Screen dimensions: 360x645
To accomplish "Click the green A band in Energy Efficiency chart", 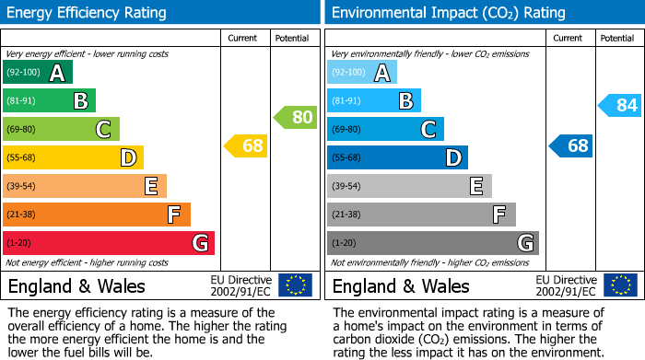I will point(37,73).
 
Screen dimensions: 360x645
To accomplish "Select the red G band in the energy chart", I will point(108,243).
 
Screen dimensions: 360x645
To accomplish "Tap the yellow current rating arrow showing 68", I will point(247,145).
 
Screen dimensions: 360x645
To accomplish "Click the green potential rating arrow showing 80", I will point(296,117).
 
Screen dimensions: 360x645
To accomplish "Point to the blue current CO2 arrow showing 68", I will point(571,145).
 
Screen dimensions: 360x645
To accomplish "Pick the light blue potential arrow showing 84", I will point(620,105).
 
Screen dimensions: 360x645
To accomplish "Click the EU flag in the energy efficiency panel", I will point(295,285).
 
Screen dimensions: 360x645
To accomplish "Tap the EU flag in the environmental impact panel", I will point(619,285).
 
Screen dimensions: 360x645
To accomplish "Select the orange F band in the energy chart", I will point(96,215).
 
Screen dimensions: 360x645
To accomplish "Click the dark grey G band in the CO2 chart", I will point(432,243).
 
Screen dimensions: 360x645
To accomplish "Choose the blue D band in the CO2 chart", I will point(396,157).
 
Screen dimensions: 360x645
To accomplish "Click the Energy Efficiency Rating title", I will point(88,13).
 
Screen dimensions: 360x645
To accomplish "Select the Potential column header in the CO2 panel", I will point(617,38).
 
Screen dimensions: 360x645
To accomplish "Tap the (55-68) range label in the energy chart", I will point(23,157).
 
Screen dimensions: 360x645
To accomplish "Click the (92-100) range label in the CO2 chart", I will point(349,73).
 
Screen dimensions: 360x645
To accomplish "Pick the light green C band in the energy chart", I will point(61,129).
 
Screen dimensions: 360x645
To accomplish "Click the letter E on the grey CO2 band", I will point(475,186).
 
